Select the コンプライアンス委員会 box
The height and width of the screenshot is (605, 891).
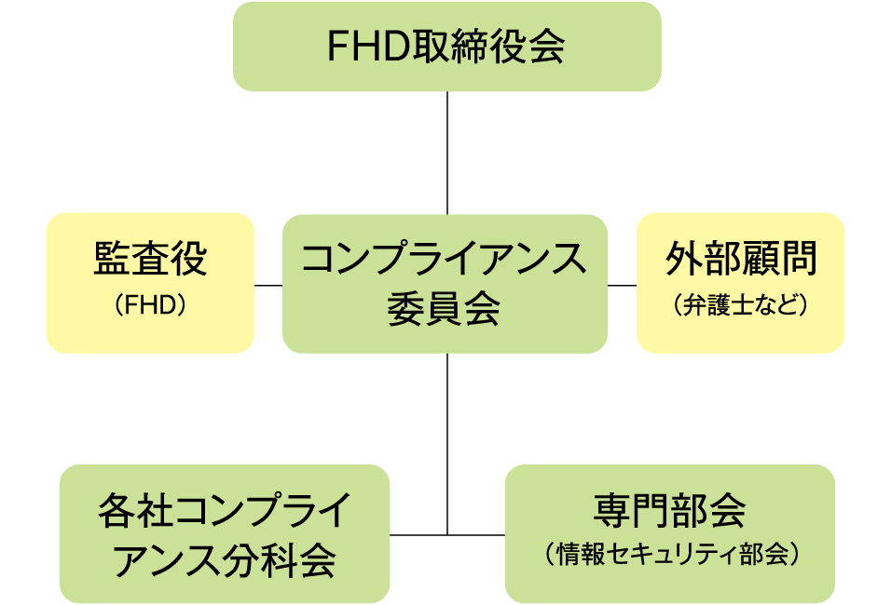pos(445,284)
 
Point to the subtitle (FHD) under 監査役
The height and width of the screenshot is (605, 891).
pos(150,305)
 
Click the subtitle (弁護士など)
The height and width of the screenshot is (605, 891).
pos(740,305)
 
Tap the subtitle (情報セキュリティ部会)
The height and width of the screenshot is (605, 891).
pos(670,555)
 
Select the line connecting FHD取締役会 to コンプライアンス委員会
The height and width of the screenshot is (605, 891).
pos(447,153)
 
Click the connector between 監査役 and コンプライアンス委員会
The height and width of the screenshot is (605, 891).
pos(268,285)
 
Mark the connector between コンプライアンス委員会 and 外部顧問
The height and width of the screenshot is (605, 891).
pos(622,285)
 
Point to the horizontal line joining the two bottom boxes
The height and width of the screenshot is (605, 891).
pos(447,535)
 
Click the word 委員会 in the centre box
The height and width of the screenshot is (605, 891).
pos(444,308)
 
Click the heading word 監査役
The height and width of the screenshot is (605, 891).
pos(150,260)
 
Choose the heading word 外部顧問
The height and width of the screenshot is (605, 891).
pos(741,260)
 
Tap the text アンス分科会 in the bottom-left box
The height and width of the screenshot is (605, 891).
pos(224,560)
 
